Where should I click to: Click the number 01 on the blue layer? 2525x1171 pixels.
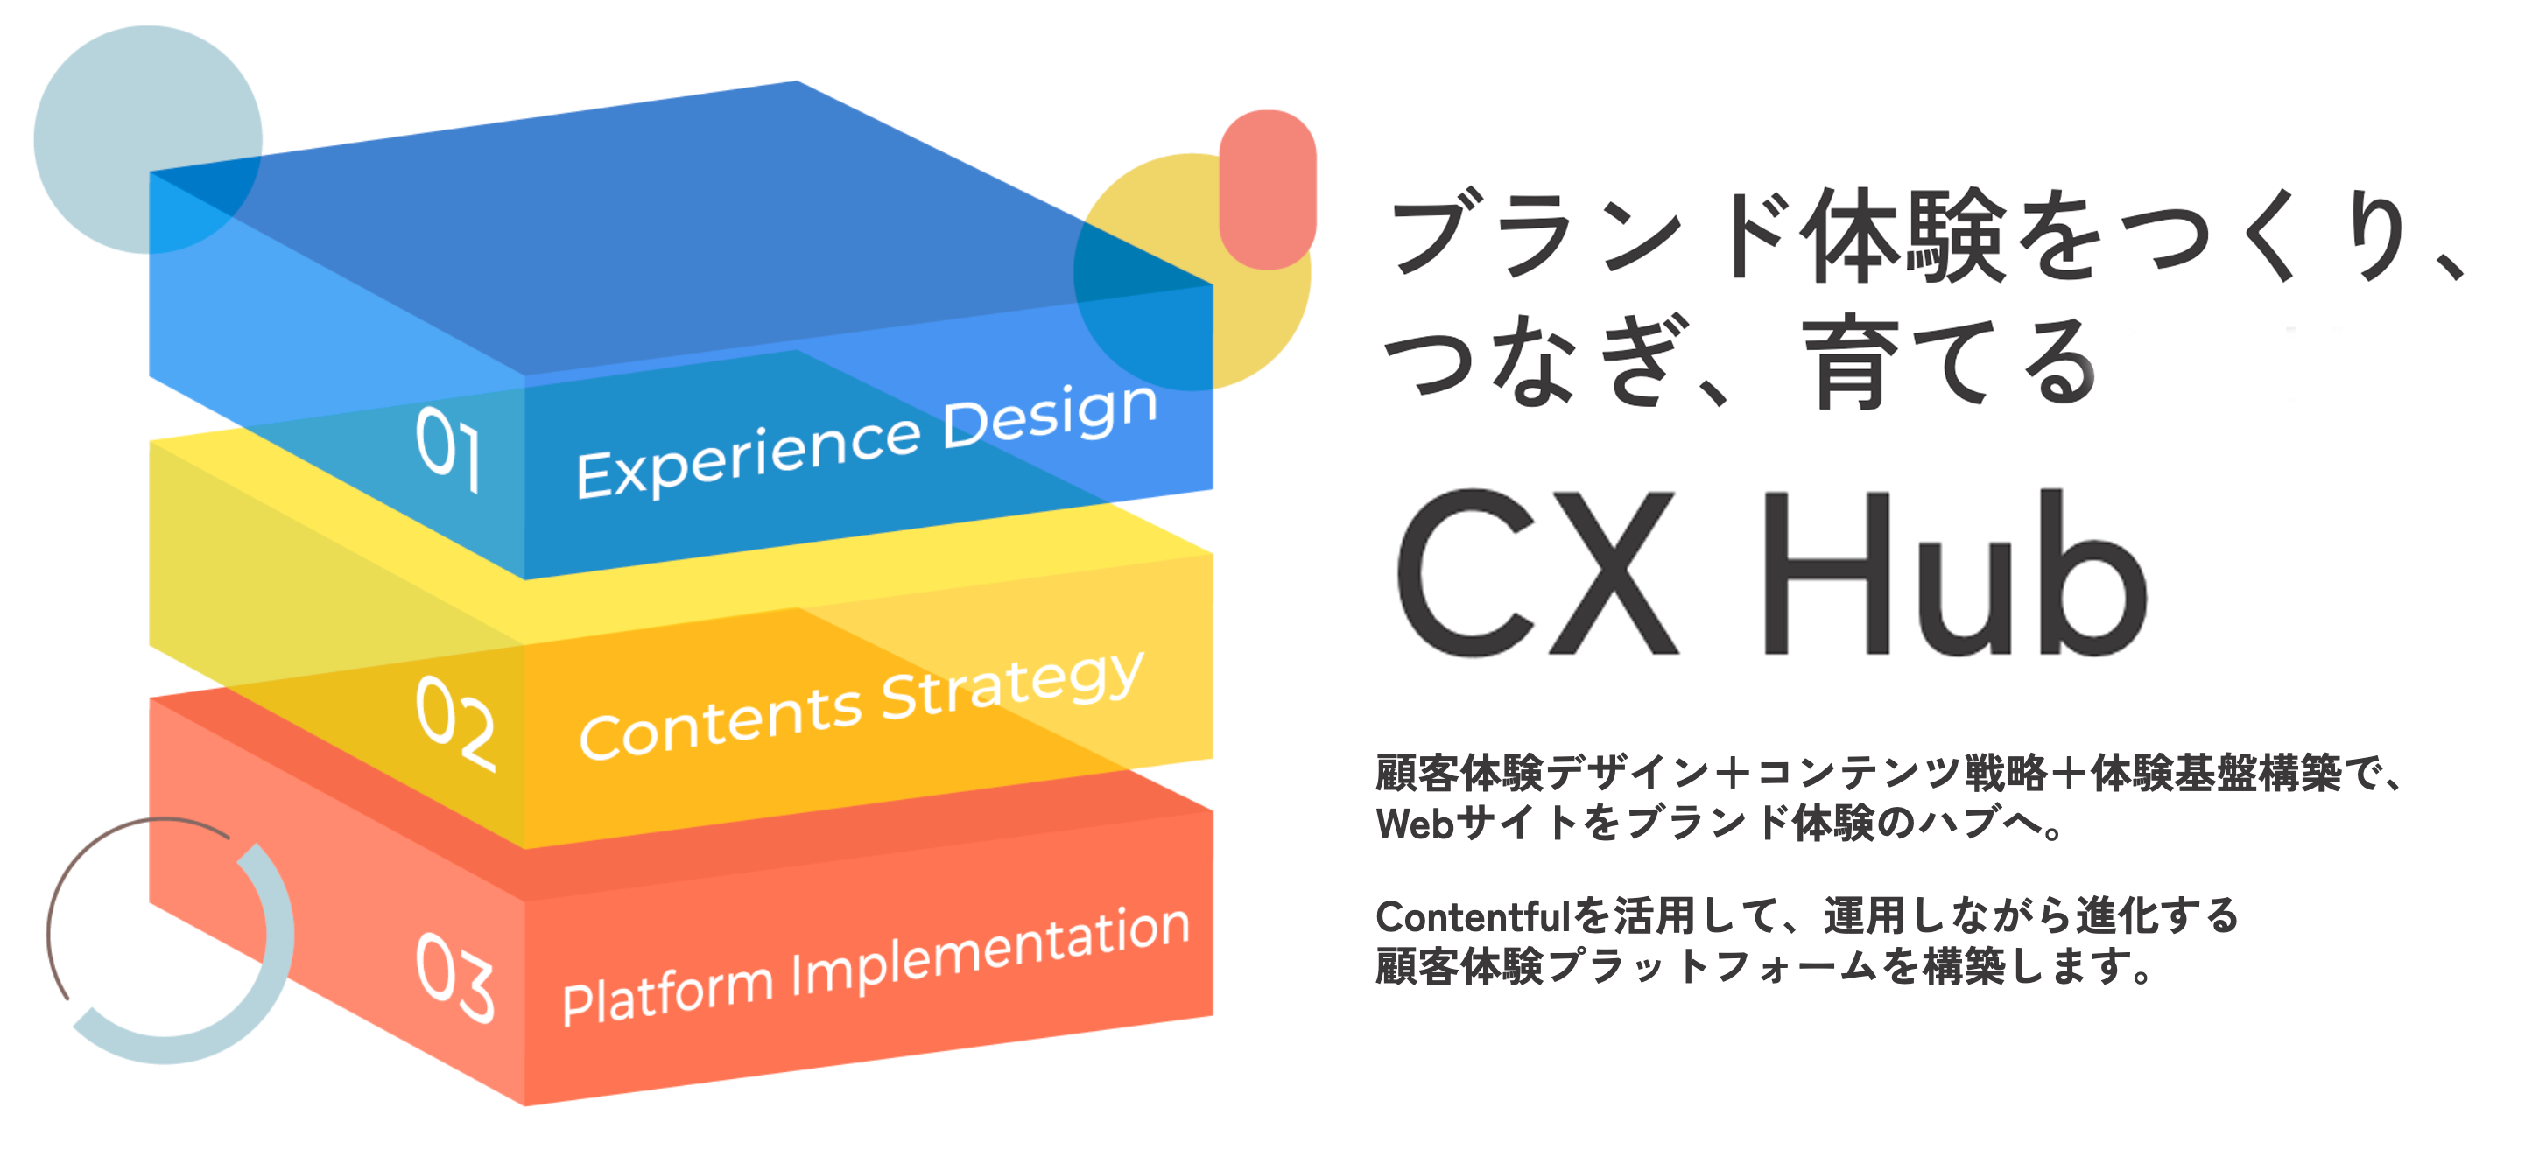[x=449, y=450]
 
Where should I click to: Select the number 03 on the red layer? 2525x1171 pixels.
[x=456, y=977]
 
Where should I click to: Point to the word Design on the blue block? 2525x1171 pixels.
[x=1050, y=417]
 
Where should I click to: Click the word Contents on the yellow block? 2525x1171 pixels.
[x=721, y=723]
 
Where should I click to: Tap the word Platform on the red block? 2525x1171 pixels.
[x=667, y=992]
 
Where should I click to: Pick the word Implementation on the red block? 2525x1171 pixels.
[x=990, y=950]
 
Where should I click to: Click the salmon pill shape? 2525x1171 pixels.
[x=1268, y=189]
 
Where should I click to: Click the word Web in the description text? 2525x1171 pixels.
[x=1415, y=824]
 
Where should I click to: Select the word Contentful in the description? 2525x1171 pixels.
[x=1474, y=916]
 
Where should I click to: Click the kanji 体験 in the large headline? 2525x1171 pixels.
[x=1908, y=236]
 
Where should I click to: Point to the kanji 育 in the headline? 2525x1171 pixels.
[x=1851, y=362]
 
